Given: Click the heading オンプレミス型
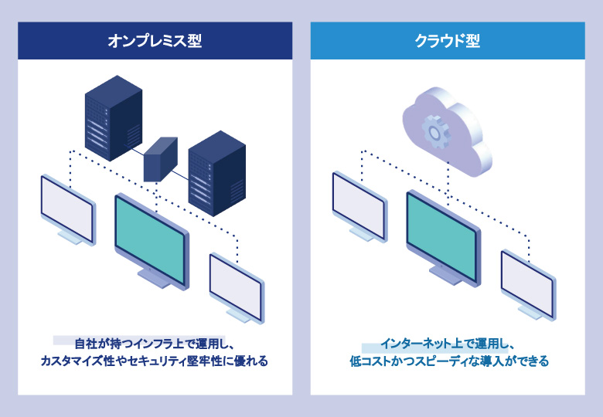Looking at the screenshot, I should tap(155, 41).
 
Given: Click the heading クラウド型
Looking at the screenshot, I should tap(447, 41).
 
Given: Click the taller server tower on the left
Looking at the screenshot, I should tap(113, 116).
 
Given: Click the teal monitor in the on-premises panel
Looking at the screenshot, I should tap(151, 236).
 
